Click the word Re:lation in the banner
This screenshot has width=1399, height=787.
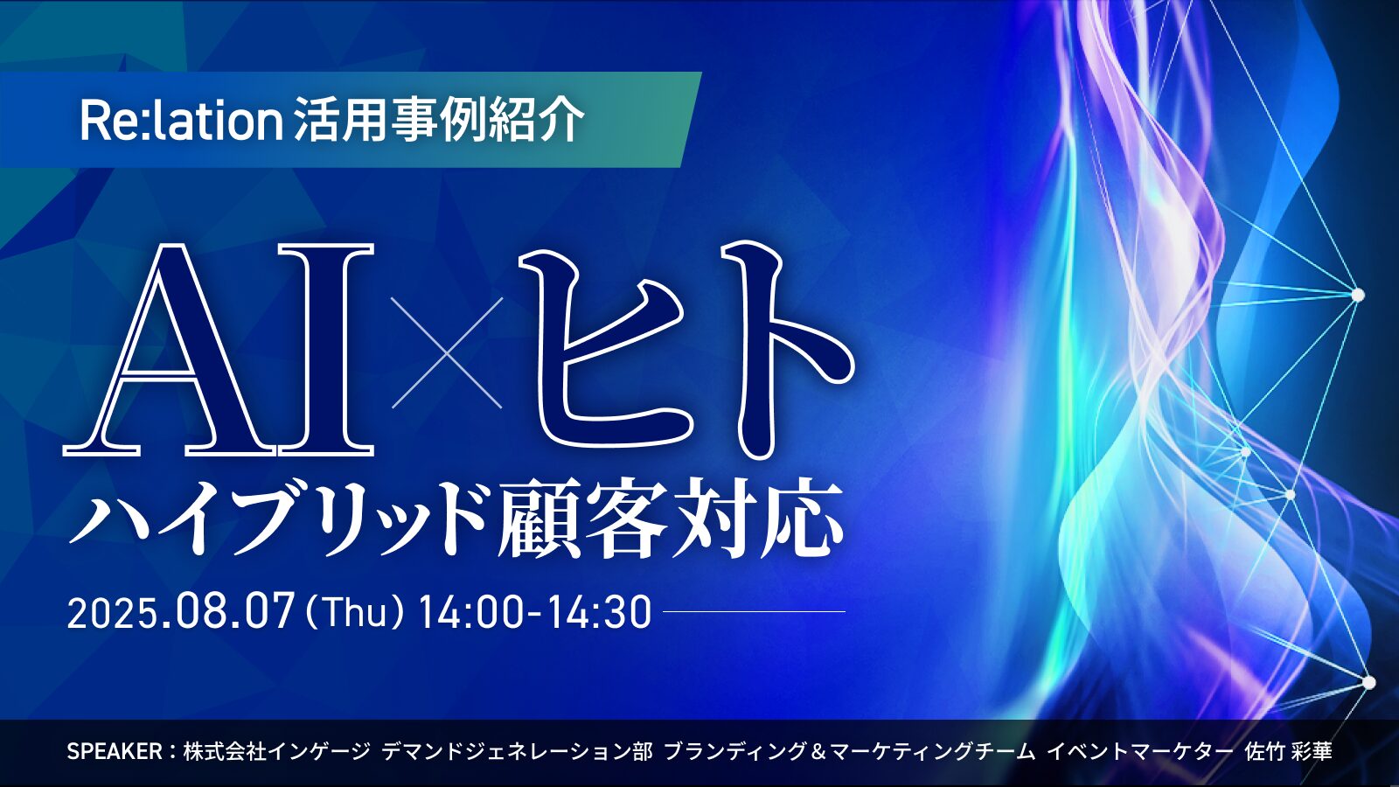point(182,121)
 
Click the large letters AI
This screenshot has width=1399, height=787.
point(219,349)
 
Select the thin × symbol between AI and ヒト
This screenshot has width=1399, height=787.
point(447,353)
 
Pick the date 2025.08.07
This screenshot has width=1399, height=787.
point(180,612)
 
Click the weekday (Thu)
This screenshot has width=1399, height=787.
point(353,612)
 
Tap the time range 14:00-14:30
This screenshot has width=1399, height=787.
point(535,612)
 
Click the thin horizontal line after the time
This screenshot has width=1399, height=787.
point(754,611)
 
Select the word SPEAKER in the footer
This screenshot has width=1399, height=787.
point(115,751)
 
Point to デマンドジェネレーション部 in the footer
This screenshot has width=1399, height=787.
point(518,751)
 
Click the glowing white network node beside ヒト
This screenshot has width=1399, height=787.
point(1357,294)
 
